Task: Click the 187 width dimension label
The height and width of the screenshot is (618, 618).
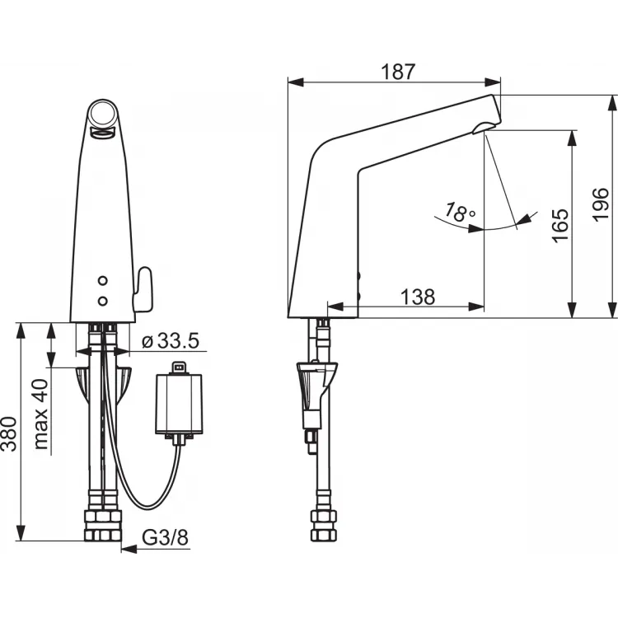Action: [398, 72]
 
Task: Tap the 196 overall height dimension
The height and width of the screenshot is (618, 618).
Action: [601, 205]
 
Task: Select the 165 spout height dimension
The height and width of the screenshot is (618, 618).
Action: [560, 226]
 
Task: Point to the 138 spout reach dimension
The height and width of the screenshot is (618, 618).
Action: [418, 297]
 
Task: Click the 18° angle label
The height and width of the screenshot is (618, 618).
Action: [459, 212]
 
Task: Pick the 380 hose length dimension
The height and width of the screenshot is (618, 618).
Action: [9, 433]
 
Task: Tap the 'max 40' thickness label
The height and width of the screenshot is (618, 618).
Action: [40, 414]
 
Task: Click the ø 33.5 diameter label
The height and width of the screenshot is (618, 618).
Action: [171, 340]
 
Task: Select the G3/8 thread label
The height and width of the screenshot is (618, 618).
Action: [165, 536]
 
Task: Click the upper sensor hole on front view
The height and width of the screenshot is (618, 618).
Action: [102, 281]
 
